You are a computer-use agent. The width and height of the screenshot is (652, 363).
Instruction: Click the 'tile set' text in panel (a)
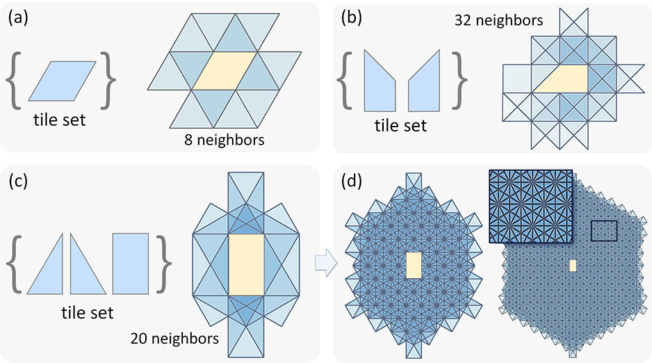(x=60, y=120)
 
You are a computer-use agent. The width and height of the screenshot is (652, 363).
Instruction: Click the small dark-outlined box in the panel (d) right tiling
(x=603, y=231)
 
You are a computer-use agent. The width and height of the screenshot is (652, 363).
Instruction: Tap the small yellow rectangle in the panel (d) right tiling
(x=573, y=265)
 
